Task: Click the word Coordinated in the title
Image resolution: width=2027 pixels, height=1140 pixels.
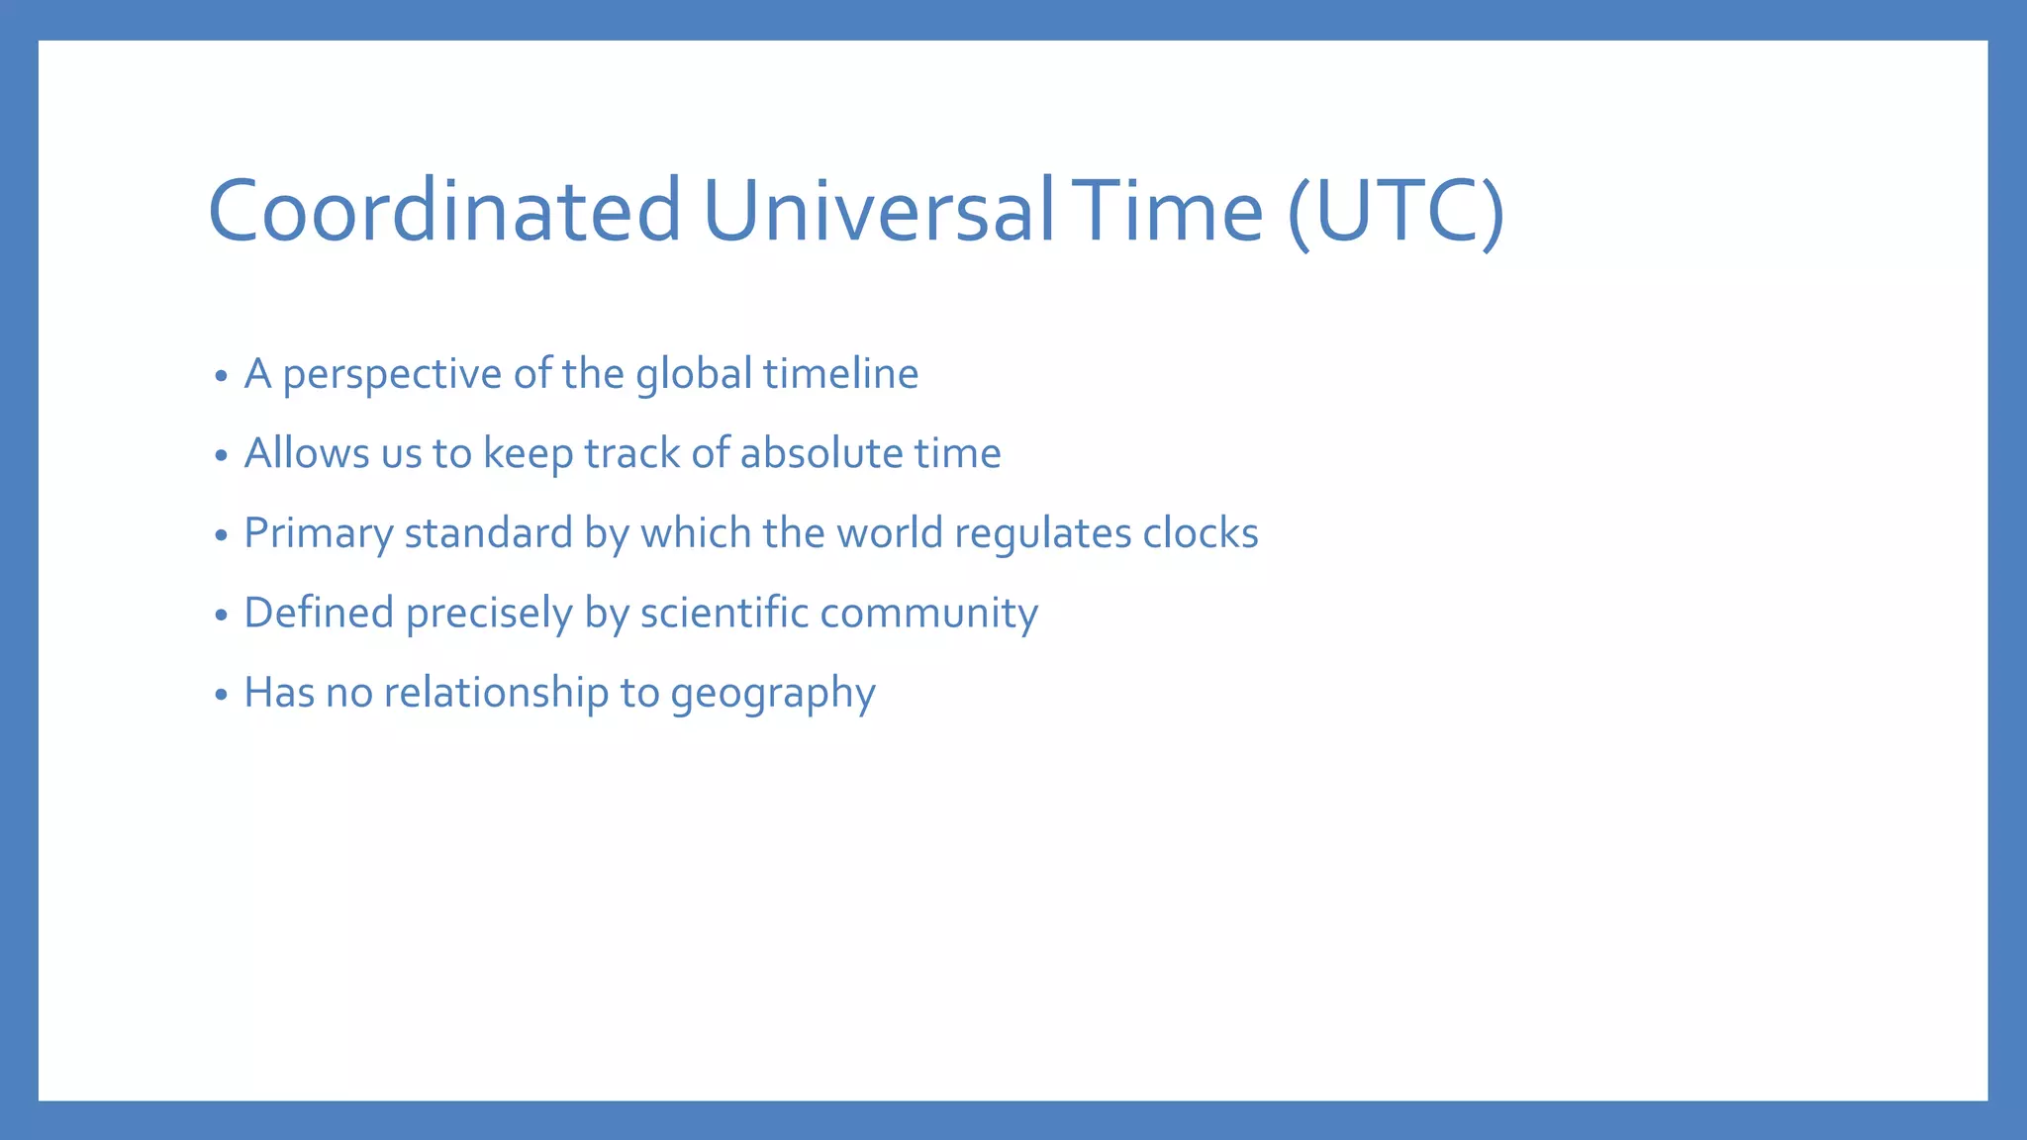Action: (x=444, y=211)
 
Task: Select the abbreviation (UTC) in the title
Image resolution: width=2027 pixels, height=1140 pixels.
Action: (x=1397, y=211)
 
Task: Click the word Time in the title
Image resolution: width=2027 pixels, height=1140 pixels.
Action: (x=1174, y=211)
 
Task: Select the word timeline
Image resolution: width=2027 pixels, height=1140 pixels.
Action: (x=840, y=374)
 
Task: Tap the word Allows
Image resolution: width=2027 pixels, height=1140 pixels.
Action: (x=307, y=454)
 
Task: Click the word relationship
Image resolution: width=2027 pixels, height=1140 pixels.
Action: (x=496, y=693)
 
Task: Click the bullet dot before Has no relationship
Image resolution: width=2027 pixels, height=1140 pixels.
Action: (x=221, y=695)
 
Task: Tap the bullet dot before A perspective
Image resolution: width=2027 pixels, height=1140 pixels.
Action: (x=221, y=376)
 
